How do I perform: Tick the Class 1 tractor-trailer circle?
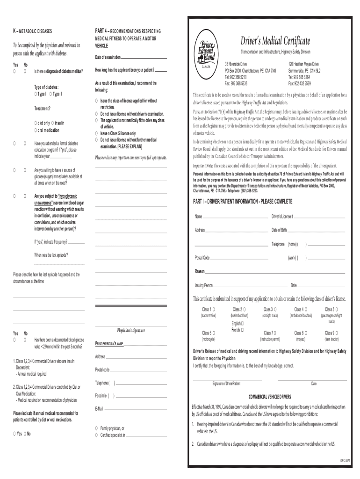(214, 309)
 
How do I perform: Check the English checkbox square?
(242, 323)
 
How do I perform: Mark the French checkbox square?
(242, 330)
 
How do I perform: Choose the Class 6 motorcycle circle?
(214, 333)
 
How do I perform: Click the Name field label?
(198, 216)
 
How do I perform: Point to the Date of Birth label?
(279, 230)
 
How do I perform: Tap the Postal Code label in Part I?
(202, 258)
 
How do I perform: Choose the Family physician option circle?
(96, 428)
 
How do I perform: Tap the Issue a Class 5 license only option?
(96, 133)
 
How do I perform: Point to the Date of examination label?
(108, 58)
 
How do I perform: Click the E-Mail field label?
(99, 408)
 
